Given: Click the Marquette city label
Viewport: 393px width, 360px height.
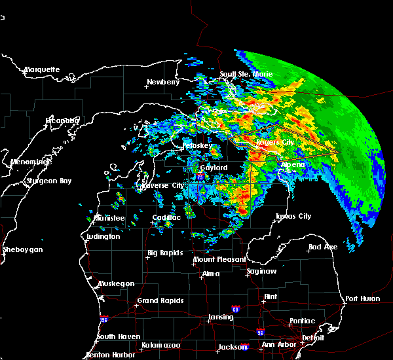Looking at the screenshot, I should point(42,69).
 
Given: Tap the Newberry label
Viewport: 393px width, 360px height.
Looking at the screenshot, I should point(162,82).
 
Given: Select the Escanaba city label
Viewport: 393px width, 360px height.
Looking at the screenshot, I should point(62,120).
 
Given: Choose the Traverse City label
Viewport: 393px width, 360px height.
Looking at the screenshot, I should point(160,185).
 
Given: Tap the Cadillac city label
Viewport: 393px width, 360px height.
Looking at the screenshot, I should point(166,217).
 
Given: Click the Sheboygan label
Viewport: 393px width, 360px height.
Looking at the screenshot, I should point(22,249).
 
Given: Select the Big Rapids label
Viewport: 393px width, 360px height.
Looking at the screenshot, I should point(165,253).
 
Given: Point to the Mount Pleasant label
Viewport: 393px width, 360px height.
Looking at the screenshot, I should point(215,260).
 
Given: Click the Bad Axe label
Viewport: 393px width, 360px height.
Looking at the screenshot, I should point(323,247).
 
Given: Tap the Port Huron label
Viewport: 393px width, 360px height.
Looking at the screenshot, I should point(362,298).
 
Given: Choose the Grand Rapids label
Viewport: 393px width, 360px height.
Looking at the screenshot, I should point(160,301).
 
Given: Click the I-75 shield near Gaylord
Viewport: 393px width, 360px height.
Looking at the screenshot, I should point(200,177).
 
